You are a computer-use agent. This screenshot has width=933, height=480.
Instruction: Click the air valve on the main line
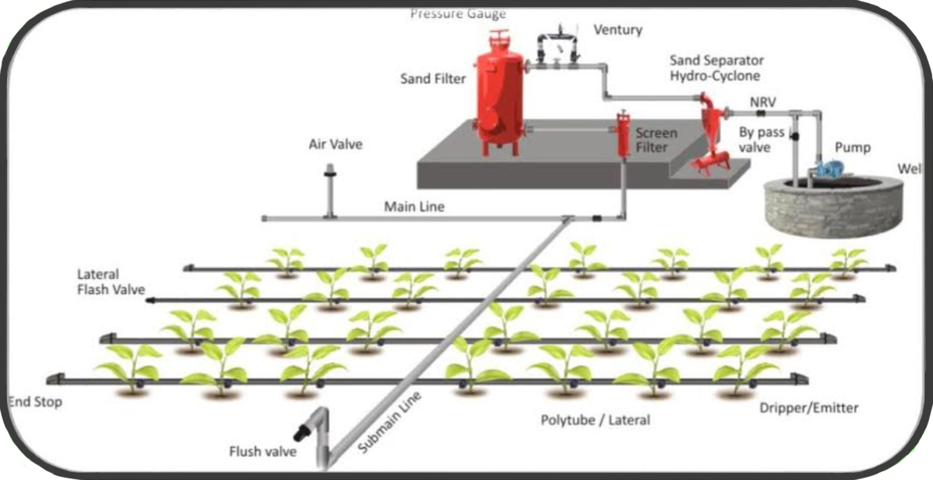click(x=331, y=188)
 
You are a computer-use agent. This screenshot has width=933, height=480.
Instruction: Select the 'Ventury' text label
click(x=617, y=30)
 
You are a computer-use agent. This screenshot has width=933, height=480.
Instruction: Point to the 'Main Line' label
click(x=413, y=207)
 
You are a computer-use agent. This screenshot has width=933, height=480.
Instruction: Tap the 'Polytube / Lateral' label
click(x=595, y=421)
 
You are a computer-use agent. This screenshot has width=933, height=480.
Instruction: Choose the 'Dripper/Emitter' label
click(x=809, y=408)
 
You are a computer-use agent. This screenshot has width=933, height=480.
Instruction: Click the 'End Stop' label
click(x=34, y=403)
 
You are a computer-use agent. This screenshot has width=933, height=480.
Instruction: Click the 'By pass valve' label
click(x=761, y=140)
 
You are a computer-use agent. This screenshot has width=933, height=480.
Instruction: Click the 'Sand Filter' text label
click(x=433, y=78)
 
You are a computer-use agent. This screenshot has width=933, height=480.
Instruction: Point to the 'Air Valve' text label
click(x=336, y=145)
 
